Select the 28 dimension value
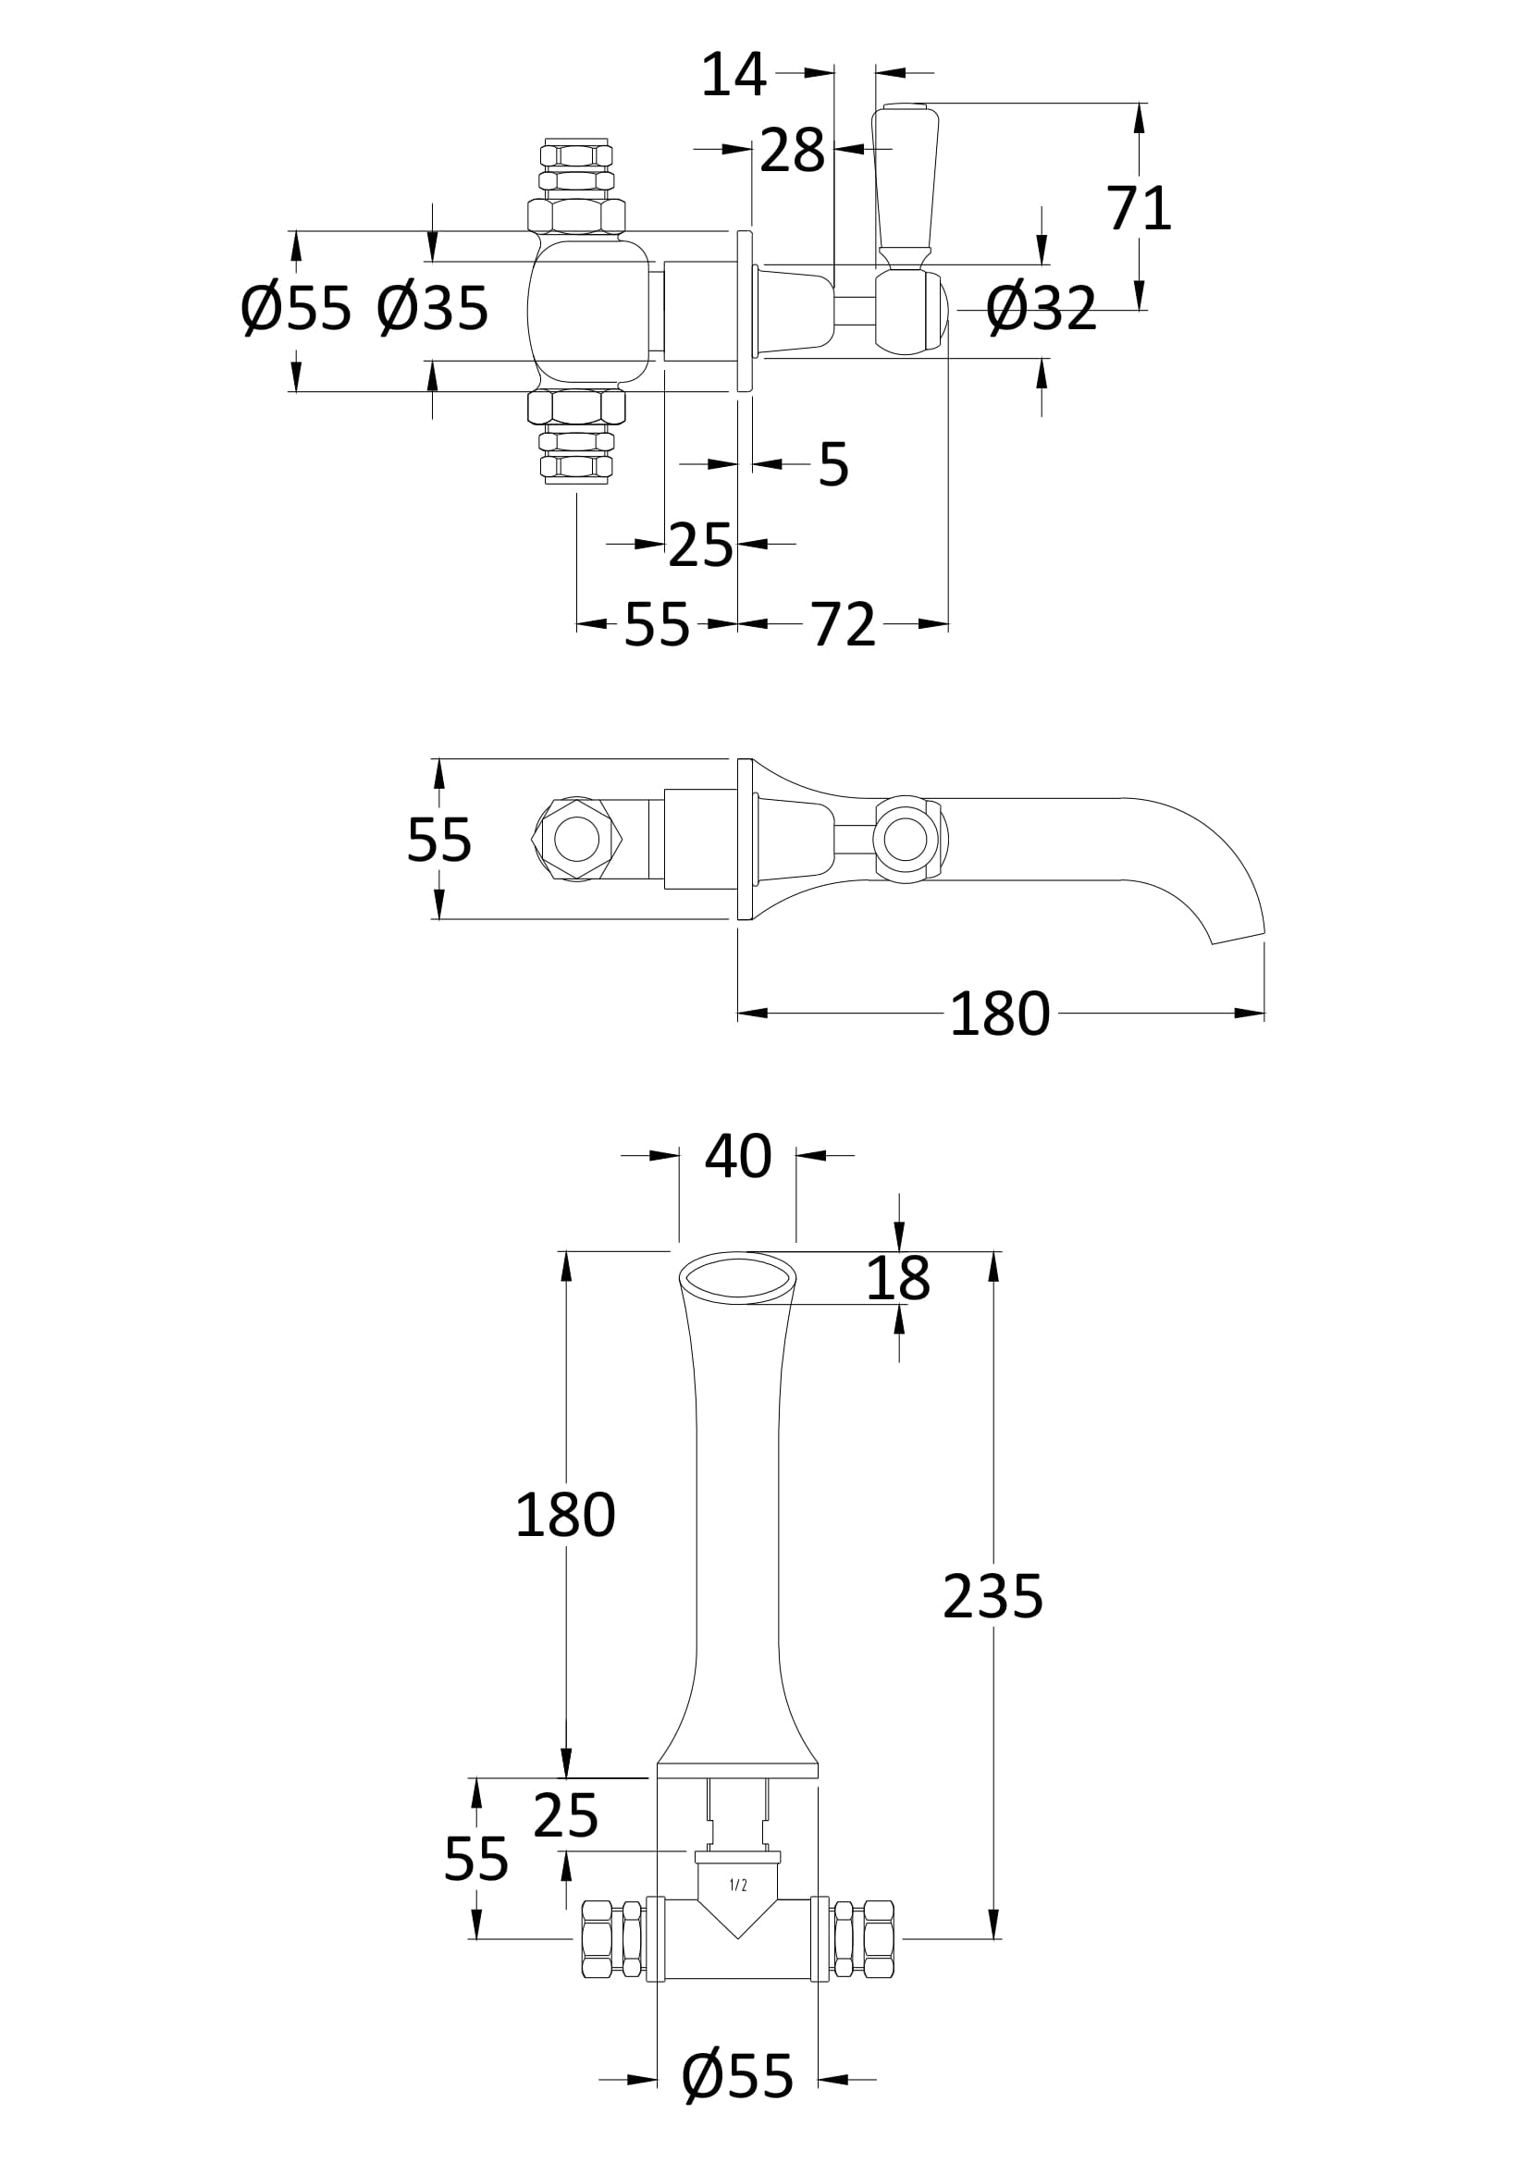coord(792,150)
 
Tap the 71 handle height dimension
coord(1138,208)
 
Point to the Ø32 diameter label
coord(1041,308)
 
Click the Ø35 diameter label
coord(432,308)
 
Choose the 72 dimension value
coord(844,624)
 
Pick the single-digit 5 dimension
coord(832,464)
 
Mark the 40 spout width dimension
coord(737,1156)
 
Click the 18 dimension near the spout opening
coord(898,1278)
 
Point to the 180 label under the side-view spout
coord(999,1014)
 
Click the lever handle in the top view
coord(905,184)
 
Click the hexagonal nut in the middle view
coord(576,839)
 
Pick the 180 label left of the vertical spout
coord(564,1516)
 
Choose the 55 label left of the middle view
coord(438,840)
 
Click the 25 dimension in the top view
coord(700,545)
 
